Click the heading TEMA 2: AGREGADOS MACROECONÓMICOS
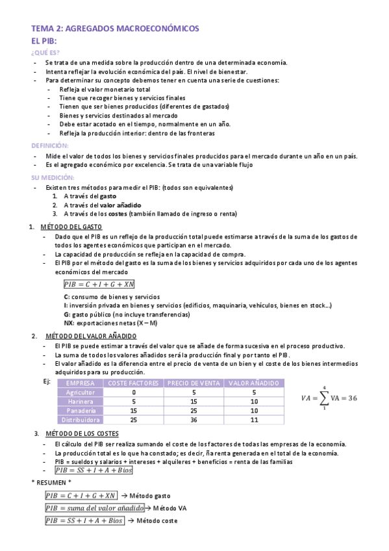coord(116,29)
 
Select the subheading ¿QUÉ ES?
coord(45,53)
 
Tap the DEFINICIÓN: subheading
coord(50,146)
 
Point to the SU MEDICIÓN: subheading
coord(53,177)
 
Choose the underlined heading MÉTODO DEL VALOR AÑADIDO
coord(91,336)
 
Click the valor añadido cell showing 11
coord(254,420)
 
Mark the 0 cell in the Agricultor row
coord(134,392)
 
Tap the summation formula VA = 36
coord(329,398)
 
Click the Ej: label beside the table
coord(46,381)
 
